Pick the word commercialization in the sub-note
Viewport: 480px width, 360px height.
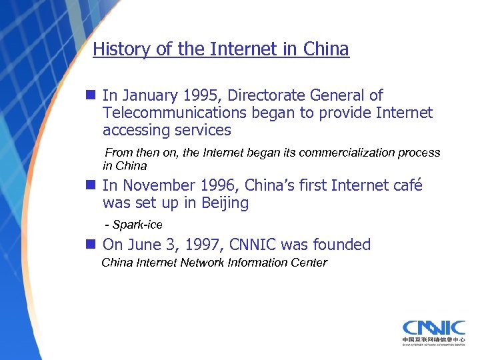point(341,153)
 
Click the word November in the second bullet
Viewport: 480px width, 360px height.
point(159,186)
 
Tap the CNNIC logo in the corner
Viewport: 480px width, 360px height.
point(433,331)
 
